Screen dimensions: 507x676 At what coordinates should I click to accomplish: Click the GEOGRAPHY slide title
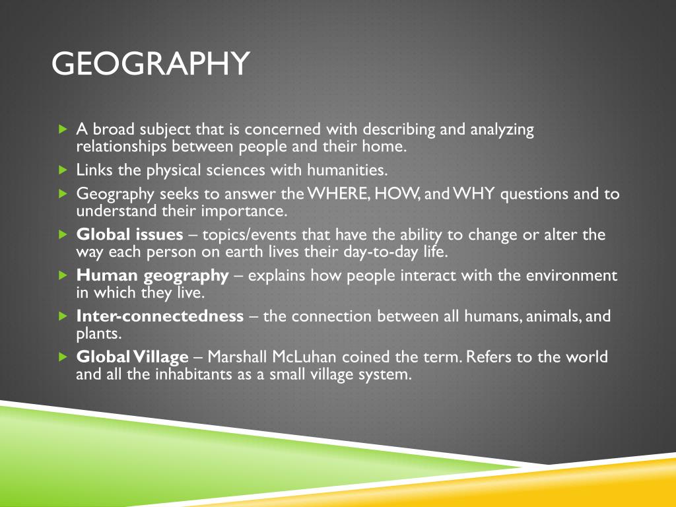[151, 64]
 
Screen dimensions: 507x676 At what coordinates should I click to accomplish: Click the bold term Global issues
[130, 235]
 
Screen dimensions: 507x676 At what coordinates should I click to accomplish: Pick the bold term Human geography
[152, 275]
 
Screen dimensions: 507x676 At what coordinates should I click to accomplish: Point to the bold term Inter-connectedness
[160, 316]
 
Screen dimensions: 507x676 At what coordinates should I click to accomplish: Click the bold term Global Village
[132, 357]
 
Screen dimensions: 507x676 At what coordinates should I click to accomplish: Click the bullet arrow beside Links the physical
[63, 170]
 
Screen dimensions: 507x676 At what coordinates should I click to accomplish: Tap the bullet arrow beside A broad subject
[63, 129]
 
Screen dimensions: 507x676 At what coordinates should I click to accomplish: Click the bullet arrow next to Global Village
[63, 357]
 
